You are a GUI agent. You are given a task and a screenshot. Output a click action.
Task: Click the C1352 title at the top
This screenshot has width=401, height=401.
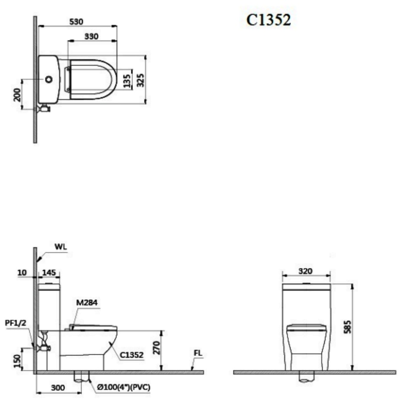(269, 20)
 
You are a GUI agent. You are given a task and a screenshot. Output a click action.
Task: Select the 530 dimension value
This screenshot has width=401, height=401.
(76, 22)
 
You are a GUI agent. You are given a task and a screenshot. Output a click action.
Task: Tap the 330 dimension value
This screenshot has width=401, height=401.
(91, 37)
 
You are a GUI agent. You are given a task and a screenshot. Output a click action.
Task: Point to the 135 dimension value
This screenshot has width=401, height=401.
(127, 81)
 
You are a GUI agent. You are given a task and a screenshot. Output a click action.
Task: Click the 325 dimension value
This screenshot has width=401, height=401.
(140, 80)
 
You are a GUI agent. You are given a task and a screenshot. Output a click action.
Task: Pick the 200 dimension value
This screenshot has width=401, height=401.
(17, 94)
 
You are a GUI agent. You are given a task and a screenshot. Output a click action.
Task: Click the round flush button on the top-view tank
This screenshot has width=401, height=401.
(49, 80)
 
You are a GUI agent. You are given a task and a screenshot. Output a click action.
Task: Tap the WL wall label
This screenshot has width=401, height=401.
(61, 247)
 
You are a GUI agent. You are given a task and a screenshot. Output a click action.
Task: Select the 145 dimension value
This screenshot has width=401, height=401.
(49, 273)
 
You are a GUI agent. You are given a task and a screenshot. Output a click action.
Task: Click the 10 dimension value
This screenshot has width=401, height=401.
(22, 273)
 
